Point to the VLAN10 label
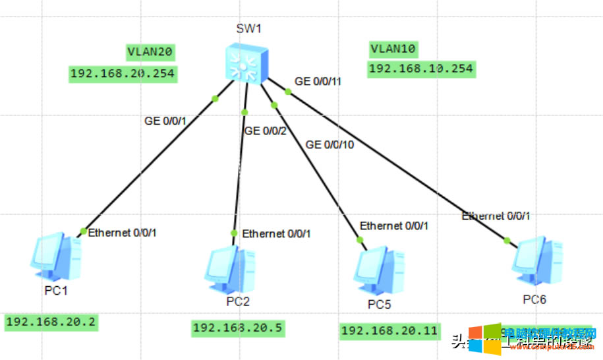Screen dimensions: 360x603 (x=393, y=48)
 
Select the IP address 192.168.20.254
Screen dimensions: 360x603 (x=123, y=73)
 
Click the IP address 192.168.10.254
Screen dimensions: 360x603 (x=421, y=69)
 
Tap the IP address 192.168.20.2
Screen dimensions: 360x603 (x=51, y=322)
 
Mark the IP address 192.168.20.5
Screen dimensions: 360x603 (x=238, y=327)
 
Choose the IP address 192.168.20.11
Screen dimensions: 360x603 (x=389, y=331)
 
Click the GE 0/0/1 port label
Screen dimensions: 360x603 (x=166, y=121)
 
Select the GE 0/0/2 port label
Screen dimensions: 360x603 (x=266, y=131)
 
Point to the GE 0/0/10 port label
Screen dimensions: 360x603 (x=330, y=144)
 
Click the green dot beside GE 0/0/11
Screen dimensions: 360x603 (x=288, y=91)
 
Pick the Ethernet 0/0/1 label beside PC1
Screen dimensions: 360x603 (x=123, y=232)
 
